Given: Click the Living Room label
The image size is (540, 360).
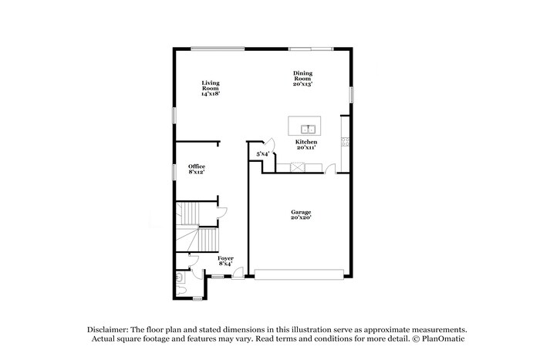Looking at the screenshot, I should click(211, 88).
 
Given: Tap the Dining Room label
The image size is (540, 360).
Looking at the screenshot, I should click(302, 78).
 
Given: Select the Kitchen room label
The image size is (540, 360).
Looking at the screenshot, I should click(306, 144).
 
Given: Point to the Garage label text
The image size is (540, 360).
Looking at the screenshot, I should click(301, 214).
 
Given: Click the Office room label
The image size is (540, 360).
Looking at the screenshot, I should click(196, 169).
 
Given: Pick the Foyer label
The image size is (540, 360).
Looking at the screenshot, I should click(225, 261).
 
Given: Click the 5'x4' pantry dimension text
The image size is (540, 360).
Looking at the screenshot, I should click(262, 154).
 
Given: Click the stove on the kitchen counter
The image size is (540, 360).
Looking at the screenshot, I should click(346, 141).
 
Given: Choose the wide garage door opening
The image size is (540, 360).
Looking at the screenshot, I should click(299, 274).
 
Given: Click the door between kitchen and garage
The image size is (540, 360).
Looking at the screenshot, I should click(331, 168).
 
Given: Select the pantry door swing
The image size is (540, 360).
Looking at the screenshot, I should click(269, 143).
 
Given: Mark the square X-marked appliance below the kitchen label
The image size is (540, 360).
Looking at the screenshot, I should click(295, 167).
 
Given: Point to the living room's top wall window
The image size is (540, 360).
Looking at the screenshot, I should click(218, 49).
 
